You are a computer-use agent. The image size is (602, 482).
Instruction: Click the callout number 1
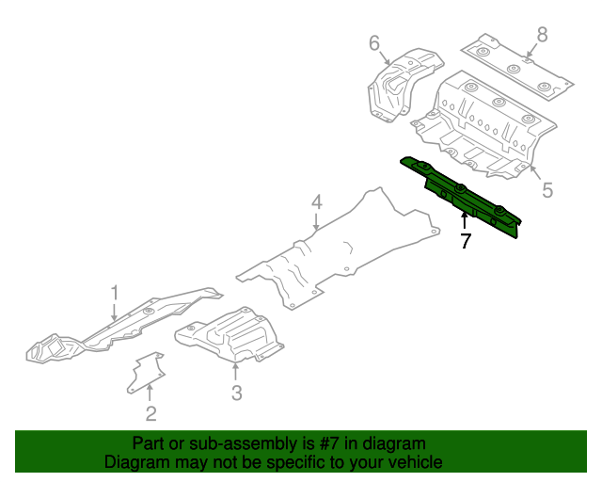coord(115,292)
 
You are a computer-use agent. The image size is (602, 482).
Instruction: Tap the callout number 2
coord(150,413)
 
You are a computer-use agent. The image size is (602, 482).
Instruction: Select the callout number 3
coord(237,392)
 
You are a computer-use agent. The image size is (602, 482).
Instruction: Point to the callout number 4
coord(317,201)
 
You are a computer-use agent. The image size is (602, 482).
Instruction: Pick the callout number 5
coord(547,190)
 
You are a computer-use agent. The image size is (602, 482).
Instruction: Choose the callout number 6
coord(373,42)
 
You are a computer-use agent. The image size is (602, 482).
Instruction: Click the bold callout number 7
coord(465,241)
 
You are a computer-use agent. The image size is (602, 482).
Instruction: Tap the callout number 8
coord(542,35)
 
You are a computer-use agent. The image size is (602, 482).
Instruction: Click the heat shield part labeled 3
coord(230,333)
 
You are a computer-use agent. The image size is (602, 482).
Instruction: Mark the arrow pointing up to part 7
coord(464,220)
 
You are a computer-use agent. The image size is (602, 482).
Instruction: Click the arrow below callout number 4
coord(317,222)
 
